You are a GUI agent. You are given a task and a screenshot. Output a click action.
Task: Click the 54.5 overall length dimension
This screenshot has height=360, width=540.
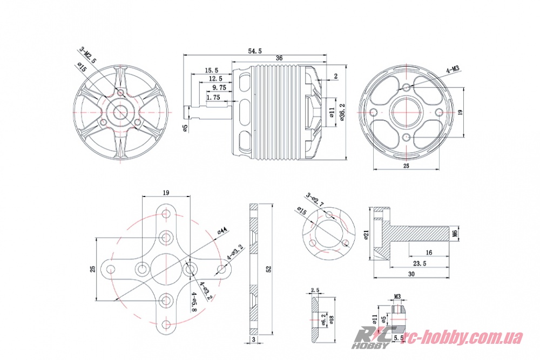click(255, 51)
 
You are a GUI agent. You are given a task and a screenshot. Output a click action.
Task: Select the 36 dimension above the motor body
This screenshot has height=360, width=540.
click(279, 58)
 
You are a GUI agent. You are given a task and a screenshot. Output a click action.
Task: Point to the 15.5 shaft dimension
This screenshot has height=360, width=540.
click(211, 70)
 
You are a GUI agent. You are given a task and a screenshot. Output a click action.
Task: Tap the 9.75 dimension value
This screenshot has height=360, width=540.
click(219, 87)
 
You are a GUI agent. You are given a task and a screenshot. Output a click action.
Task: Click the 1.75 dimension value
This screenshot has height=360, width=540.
click(213, 98)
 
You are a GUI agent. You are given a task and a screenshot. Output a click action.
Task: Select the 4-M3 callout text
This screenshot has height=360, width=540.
click(452, 69)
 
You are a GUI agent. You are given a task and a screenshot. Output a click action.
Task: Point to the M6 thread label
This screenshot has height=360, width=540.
click(455, 233)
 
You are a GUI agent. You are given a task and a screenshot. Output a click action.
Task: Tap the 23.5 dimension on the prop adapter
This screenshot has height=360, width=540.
click(419, 264)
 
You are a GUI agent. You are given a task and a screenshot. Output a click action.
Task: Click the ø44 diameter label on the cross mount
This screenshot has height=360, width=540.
click(221, 232)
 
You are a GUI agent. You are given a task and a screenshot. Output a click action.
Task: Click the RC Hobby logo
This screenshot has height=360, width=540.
click(374, 338)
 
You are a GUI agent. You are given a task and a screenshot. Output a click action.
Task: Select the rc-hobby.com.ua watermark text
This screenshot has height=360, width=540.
click(463, 337)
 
